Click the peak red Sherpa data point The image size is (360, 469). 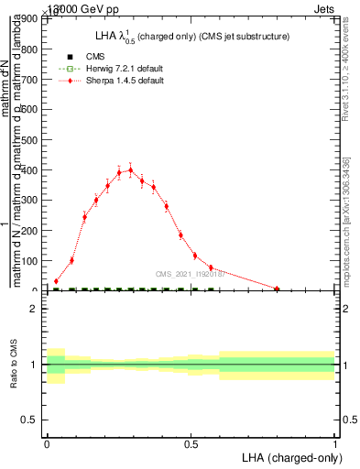[130, 169]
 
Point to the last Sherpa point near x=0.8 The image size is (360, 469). [277, 289]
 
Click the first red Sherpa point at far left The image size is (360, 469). [56, 281]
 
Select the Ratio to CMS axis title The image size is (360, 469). [14, 365]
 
